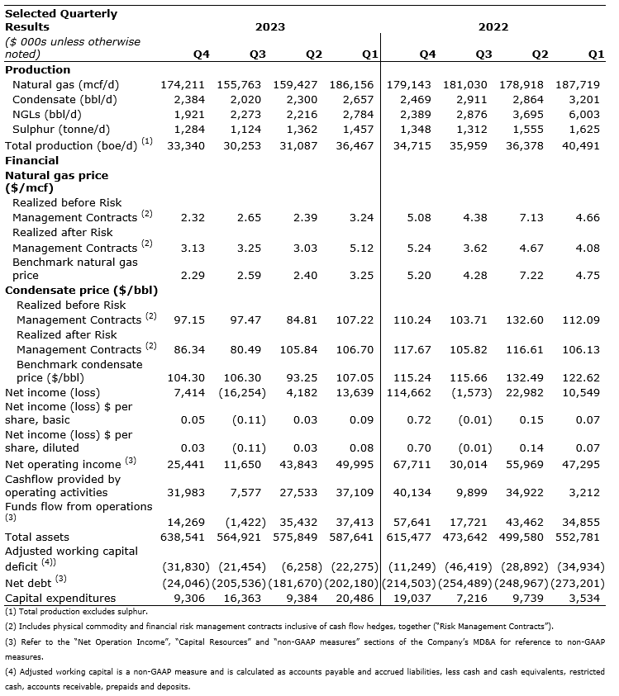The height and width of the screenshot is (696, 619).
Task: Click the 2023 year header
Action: click(269, 27)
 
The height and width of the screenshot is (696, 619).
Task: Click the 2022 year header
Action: click(493, 27)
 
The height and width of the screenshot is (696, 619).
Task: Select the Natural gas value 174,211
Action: click(184, 85)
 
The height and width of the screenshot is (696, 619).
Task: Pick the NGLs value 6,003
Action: click(588, 115)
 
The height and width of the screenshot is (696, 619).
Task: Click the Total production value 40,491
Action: click(585, 145)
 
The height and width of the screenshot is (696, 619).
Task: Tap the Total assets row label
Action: click(35, 537)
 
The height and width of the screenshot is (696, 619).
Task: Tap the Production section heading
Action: click(37, 70)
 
